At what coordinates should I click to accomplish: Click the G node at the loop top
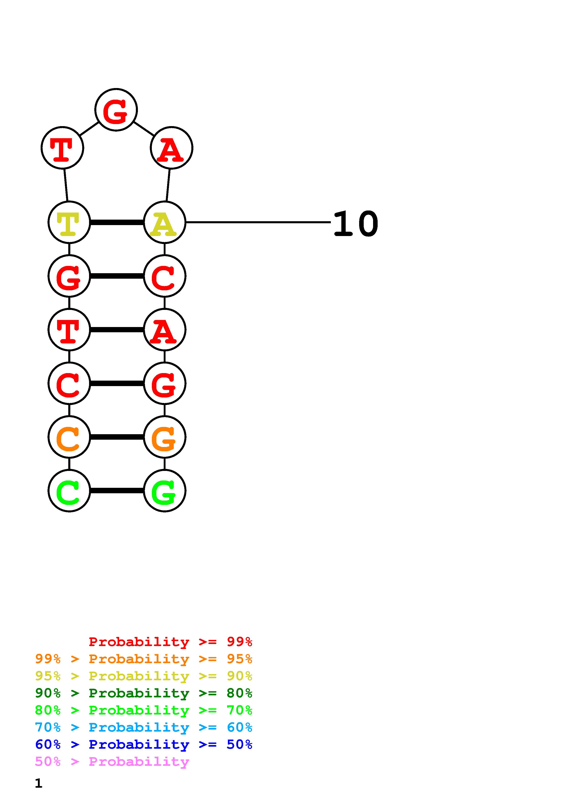pos(116,110)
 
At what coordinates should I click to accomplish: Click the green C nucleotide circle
pos(69,491)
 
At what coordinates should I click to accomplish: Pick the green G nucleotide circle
pos(165,491)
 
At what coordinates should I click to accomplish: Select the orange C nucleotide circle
pos(69,437)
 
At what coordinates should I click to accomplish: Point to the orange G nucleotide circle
pos(165,437)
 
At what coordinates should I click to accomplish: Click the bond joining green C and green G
pos(117,491)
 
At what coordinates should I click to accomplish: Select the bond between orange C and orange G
pos(117,437)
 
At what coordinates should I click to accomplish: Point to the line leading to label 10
pos(258,222)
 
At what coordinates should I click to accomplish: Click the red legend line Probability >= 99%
pos(170,642)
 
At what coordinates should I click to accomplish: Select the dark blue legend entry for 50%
pos(143,744)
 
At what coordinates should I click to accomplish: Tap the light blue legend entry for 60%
pos(143,727)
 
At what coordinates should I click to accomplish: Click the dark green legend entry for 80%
pos(143,693)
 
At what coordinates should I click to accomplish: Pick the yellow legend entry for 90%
pos(143,676)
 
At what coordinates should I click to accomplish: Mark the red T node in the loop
pos(62,148)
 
